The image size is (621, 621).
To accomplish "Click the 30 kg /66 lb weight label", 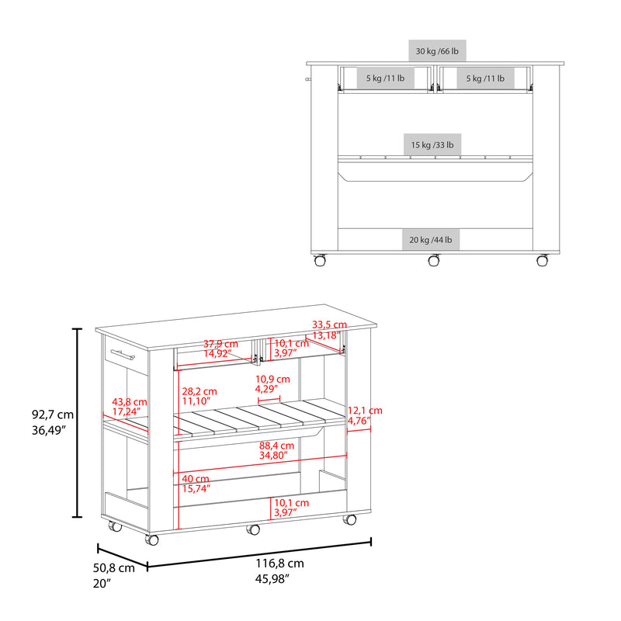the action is pos(437,51).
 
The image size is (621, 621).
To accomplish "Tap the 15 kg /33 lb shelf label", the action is pos(432,145).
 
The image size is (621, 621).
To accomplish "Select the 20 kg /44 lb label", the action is pos(431,240).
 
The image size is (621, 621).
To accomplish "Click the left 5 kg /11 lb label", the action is pos(385,78).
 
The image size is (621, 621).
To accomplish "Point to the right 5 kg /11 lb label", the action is pos(485,78).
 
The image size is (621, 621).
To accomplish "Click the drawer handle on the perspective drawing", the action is pos(123,355).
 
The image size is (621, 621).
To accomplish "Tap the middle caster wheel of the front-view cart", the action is pos(434,260).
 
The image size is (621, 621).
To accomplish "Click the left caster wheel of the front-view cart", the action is pos(320,260).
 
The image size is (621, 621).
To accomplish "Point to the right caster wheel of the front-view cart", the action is pos(542,260).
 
